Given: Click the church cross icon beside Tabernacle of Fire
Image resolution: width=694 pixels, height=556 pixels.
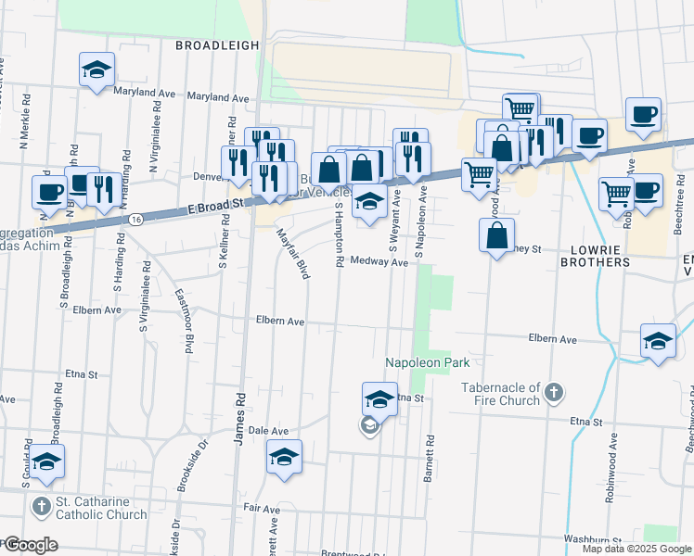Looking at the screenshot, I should (x=554, y=392).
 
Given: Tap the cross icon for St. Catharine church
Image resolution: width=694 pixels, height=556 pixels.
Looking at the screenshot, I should (x=41, y=507).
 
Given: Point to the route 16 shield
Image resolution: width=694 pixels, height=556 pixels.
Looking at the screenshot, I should (x=136, y=220).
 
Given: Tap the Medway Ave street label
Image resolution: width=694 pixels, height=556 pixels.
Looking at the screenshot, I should (x=379, y=262).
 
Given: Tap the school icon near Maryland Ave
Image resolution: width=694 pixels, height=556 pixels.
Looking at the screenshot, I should (x=96, y=70).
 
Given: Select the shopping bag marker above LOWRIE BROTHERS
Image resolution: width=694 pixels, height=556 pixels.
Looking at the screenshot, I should (x=497, y=237).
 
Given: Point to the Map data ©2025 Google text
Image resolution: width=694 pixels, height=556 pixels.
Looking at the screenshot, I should (x=636, y=549).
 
